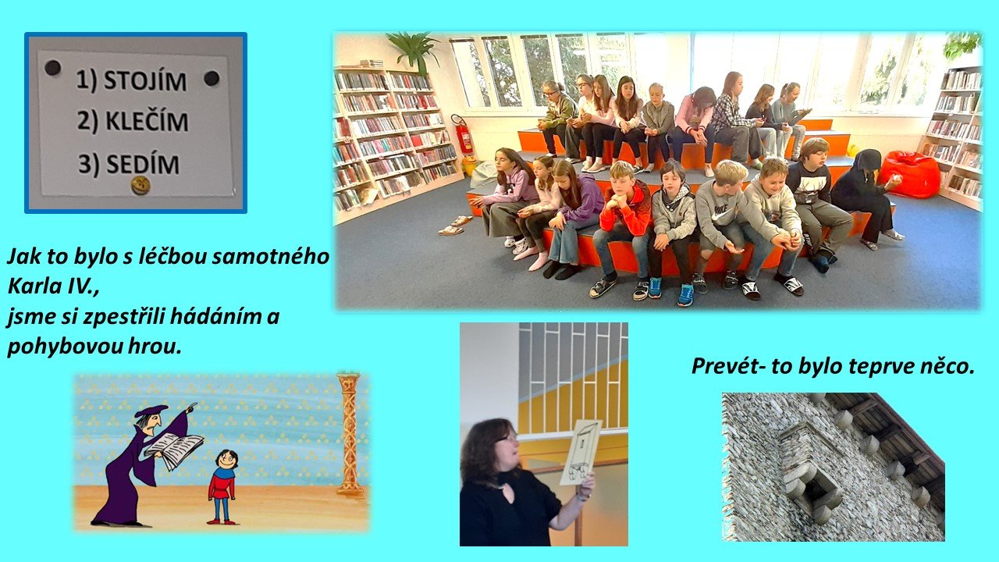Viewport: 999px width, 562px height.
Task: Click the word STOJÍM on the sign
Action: click(x=145, y=81)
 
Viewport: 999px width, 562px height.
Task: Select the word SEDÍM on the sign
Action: click(x=143, y=164)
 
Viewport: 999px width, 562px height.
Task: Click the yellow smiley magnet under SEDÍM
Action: click(x=140, y=185)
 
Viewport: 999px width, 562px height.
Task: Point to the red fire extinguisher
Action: click(x=464, y=133)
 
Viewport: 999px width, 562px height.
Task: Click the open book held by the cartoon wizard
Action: click(x=174, y=449)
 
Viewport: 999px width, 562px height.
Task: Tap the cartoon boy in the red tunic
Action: click(x=222, y=486)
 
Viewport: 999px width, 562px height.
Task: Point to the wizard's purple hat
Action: click(x=151, y=411)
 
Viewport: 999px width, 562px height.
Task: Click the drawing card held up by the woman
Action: click(x=581, y=452)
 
